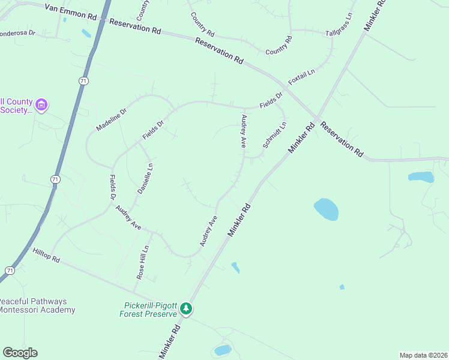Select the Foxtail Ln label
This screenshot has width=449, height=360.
301,77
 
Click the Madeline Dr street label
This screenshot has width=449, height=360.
112,120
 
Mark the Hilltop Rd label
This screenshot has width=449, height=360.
46,256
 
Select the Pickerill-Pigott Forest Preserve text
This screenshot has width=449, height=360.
148,309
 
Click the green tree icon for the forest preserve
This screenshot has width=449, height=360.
187,309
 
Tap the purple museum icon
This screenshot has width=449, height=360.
41,106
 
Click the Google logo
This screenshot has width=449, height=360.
20,353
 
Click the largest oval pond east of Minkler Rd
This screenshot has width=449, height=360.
326,209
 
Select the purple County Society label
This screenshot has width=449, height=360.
15,106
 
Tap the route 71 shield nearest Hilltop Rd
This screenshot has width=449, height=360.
9,271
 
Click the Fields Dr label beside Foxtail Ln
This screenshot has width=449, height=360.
271,100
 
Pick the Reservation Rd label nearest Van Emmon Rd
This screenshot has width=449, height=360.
136,26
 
